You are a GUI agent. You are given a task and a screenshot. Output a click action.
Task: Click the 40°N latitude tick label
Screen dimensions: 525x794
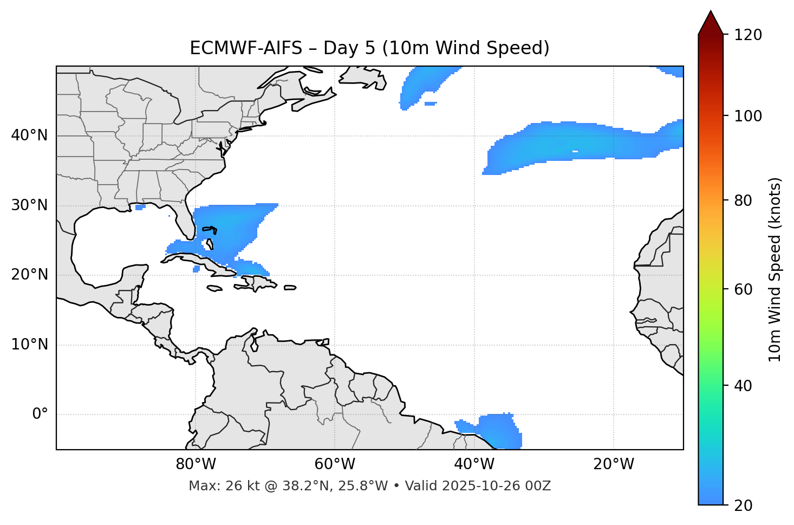[29, 135]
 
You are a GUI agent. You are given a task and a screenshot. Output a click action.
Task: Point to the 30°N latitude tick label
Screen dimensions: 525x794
[29, 205]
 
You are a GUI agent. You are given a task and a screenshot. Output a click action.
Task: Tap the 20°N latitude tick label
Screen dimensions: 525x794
[29, 275]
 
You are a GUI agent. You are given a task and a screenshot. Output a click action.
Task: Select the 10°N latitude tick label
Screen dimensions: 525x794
[29, 345]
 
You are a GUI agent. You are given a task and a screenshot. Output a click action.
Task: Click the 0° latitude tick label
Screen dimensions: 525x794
[40, 414]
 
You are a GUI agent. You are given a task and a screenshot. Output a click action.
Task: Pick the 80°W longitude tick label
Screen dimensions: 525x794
[196, 464]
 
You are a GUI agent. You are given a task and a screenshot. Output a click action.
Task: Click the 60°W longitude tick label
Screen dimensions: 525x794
[335, 464]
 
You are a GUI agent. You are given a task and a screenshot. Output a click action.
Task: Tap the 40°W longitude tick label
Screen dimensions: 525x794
[474, 464]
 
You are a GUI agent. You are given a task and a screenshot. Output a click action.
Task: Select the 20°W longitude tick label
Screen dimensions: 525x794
[613, 464]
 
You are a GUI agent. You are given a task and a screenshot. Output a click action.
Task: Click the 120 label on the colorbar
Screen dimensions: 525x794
[749, 35]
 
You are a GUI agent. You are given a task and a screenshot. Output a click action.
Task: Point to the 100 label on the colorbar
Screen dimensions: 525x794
[749, 116]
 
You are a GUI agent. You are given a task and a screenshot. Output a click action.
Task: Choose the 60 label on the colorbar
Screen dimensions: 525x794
[743, 289]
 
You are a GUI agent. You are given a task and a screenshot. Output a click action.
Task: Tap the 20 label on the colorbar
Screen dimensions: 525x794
[743, 505]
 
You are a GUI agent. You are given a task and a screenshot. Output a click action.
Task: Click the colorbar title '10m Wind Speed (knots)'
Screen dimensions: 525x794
[775, 270]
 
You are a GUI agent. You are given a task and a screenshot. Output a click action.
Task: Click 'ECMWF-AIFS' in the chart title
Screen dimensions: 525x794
[245, 48]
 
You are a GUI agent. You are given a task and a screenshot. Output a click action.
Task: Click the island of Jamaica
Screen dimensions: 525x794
[214, 288]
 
